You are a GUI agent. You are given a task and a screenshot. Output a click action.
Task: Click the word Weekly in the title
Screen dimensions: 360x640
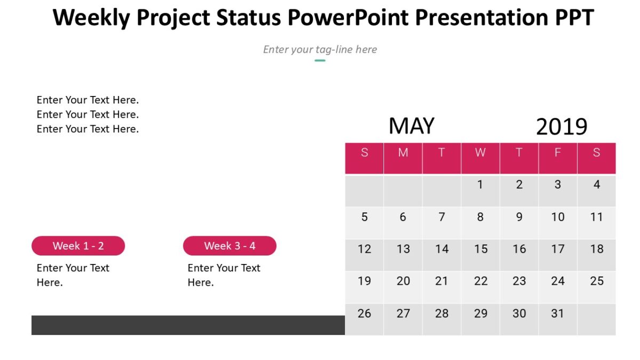click(x=91, y=18)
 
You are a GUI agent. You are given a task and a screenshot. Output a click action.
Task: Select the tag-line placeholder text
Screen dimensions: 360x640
click(x=320, y=49)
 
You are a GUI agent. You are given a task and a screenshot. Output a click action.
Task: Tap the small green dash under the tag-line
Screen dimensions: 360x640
click(x=320, y=60)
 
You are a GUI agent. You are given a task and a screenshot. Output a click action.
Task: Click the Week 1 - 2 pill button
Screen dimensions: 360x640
click(x=78, y=246)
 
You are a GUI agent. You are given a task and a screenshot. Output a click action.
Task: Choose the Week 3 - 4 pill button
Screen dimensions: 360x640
click(x=230, y=246)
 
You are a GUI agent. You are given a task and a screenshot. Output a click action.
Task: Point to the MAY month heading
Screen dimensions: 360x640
click(x=411, y=126)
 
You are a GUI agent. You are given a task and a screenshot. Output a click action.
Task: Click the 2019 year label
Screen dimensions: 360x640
click(x=561, y=127)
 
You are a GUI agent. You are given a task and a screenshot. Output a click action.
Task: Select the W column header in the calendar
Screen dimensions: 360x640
click(x=480, y=153)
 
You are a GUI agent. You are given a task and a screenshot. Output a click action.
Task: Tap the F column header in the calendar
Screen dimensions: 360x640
click(x=557, y=153)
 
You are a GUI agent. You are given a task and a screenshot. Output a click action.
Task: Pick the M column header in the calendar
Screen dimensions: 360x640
click(x=403, y=153)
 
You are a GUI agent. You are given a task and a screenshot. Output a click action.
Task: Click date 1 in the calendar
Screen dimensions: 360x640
click(x=480, y=185)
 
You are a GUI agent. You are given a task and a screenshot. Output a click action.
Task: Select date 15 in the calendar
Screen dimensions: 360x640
click(x=481, y=249)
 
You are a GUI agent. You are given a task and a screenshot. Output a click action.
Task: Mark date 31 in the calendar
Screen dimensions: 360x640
click(x=557, y=314)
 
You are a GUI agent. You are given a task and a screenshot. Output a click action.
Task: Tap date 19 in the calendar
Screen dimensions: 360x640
click(x=364, y=281)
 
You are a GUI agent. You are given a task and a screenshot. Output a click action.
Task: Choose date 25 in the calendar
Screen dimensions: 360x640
click(x=597, y=281)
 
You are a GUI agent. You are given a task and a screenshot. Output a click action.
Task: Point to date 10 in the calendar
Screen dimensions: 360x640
click(x=557, y=217)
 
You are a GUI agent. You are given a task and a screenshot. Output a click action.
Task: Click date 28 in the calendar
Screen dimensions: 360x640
click(x=442, y=314)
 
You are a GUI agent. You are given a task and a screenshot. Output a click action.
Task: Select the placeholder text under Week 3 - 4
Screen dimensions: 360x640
click(x=223, y=275)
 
